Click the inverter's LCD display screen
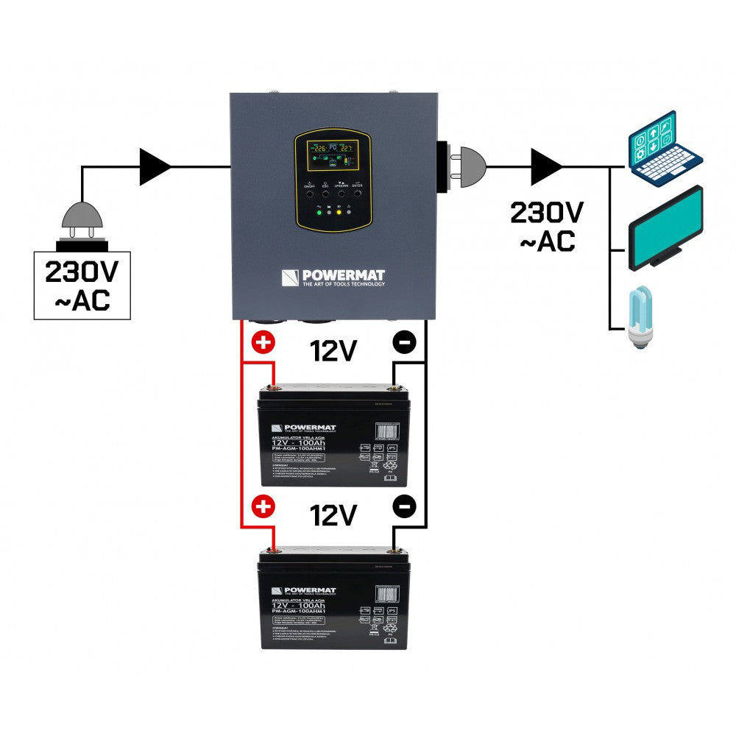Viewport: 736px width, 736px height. [x=328, y=155]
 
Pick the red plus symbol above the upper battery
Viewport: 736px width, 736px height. [x=262, y=343]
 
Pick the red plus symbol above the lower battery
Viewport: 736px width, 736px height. [x=262, y=506]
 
